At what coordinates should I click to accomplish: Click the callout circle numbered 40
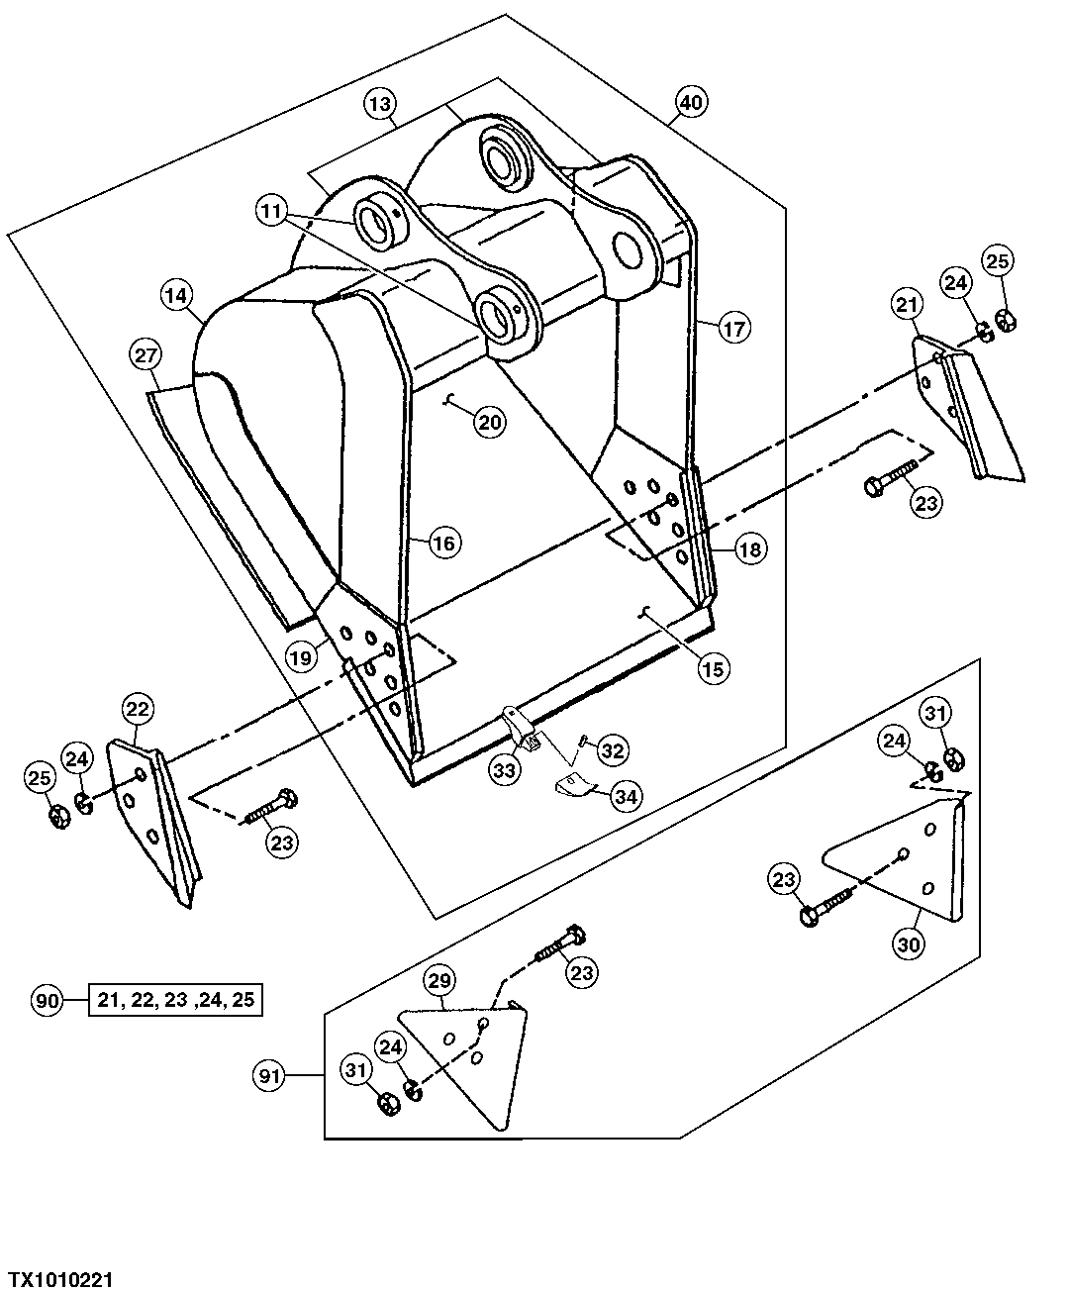(x=691, y=102)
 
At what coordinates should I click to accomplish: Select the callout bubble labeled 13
(x=380, y=102)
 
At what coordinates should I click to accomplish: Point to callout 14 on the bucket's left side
(x=176, y=295)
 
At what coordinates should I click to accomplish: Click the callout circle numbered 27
(x=146, y=355)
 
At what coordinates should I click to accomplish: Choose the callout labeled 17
(x=734, y=328)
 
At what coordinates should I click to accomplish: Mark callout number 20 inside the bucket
(x=489, y=423)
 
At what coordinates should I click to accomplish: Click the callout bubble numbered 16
(x=444, y=543)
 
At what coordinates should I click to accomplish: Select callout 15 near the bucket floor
(x=713, y=668)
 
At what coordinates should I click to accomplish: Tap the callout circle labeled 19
(x=302, y=654)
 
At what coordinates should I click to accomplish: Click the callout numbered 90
(x=46, y=1000)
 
